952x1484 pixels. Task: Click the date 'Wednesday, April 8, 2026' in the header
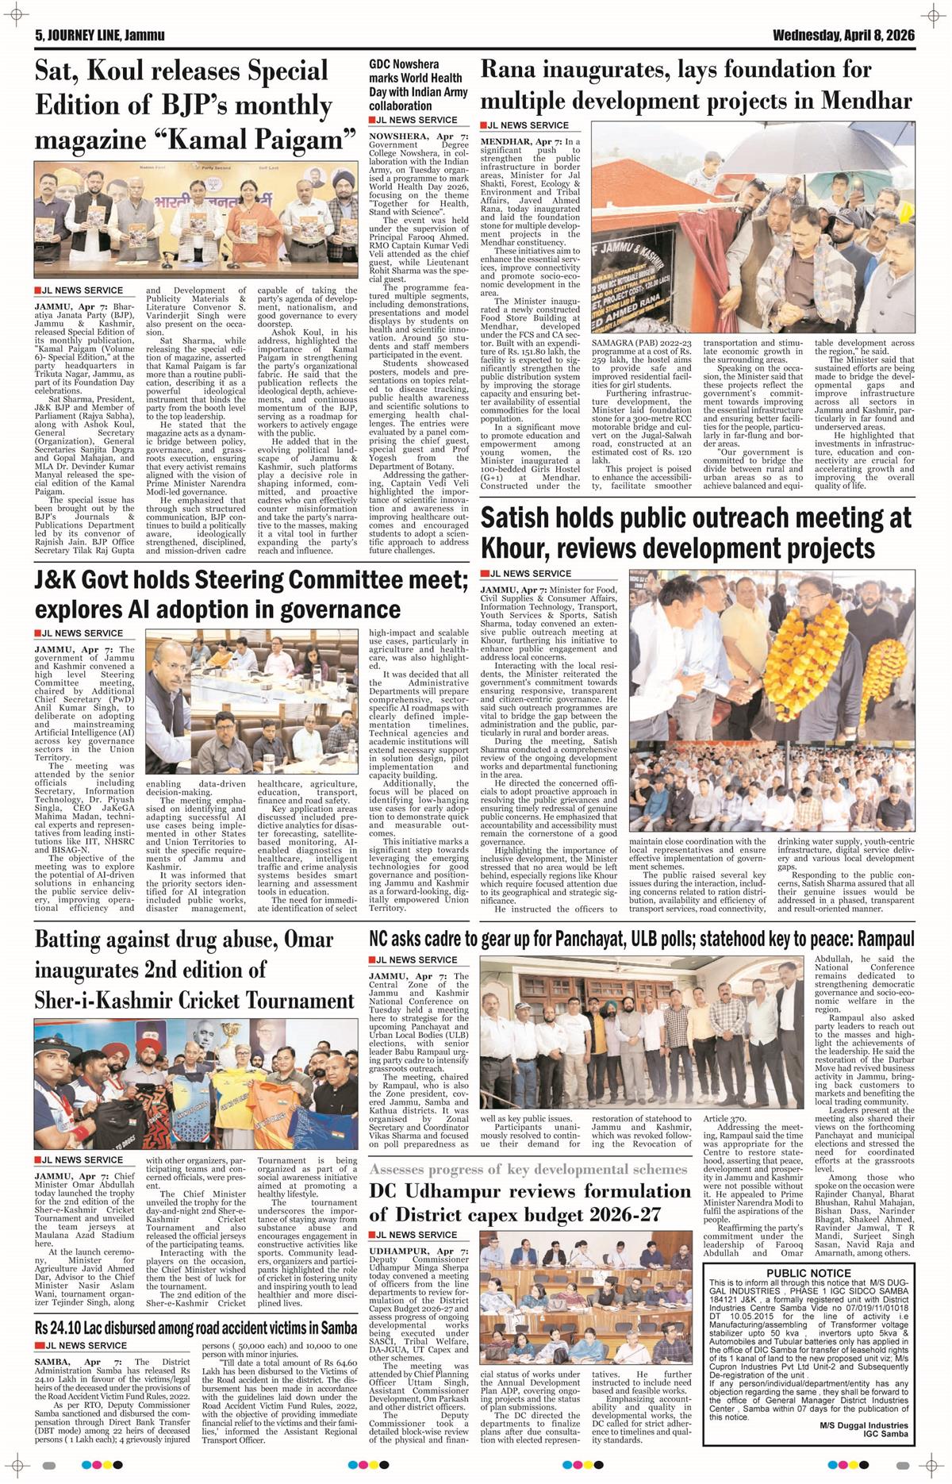pyautogui.click(x=843, y=36)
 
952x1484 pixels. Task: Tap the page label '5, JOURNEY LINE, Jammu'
pyautogui.click(x=99, y=36)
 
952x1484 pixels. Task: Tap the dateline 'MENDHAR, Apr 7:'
pyautogui.click(x=520, y=140)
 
